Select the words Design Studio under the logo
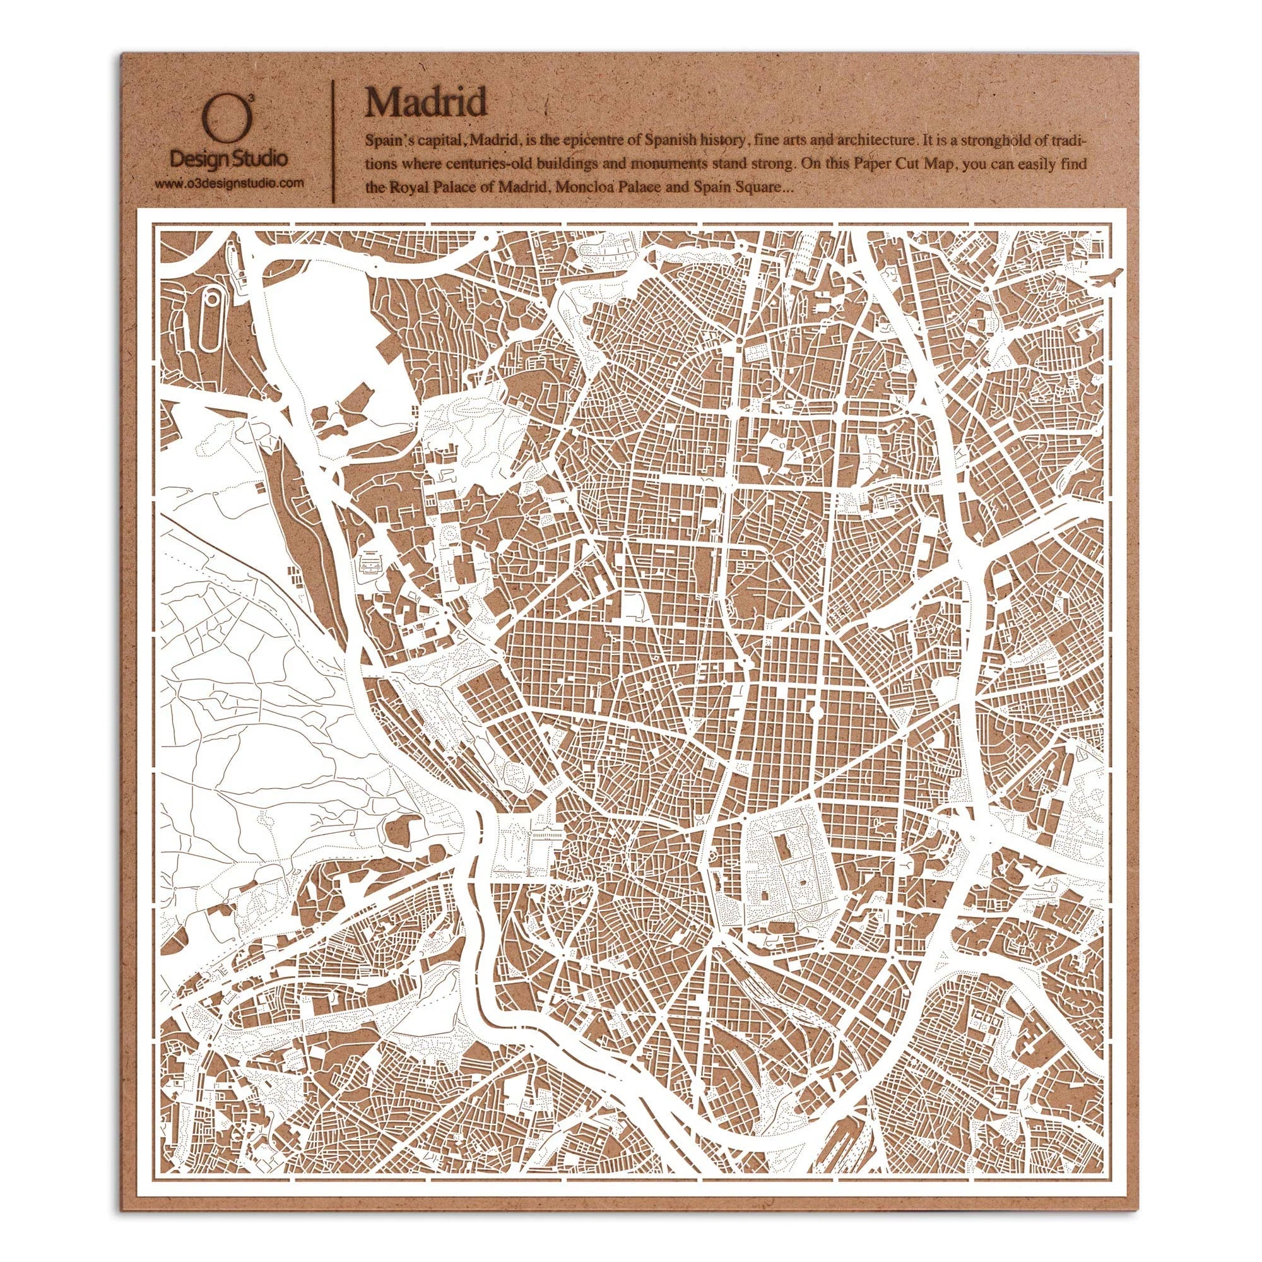(x=227, y=159)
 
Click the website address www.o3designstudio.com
(x=228, y=184)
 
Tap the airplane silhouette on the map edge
(x=1106, y=276)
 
